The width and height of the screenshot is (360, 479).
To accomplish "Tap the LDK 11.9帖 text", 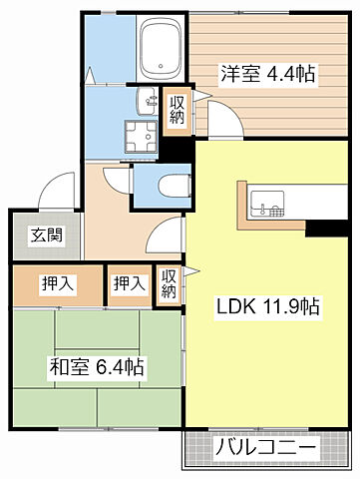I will click(268, 307).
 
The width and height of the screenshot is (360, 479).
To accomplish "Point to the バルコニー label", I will click(266, 449).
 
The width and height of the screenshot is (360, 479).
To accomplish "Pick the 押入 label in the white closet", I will click(128, 284).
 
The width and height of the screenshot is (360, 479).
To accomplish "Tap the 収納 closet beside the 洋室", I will click(177, 108).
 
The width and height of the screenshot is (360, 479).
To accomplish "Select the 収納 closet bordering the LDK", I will click(169, 284).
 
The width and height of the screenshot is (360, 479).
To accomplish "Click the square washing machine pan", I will click(135, 137).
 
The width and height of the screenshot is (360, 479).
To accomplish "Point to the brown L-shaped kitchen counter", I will click(245, 205).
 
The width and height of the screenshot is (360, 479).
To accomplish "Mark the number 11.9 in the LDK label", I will click(278, 307).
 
